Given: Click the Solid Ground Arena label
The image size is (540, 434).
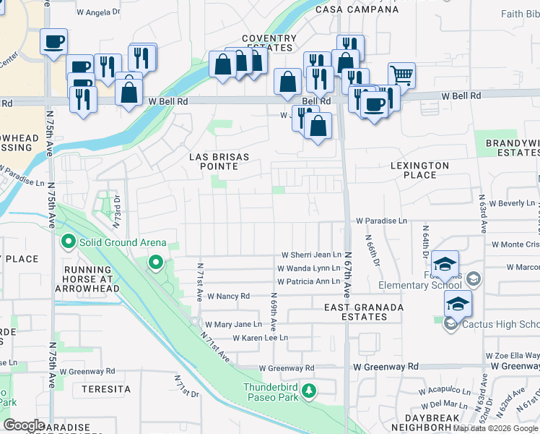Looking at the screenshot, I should [x=123, y=242].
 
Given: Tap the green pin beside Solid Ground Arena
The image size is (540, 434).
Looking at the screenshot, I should [x=69, y=242].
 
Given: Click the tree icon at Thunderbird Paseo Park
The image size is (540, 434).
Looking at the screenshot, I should [x=309, y=391].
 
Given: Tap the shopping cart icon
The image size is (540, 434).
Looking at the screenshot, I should [x=401, y=75].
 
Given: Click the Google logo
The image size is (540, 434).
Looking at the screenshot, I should [x=25, y=425].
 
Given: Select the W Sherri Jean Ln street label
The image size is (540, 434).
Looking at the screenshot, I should [x=311, y=255].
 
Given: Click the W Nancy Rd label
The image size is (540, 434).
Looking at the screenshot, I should [x=228, y=297].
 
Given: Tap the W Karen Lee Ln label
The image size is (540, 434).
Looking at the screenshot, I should [x=260, y=338].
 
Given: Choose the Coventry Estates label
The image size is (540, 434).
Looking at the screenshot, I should [x=269, y=43].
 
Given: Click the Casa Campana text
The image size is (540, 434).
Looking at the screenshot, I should [x=357, y=10].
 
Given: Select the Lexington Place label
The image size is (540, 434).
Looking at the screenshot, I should [x=419, y=170].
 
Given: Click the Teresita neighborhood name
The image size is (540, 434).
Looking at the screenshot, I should [x=106, y=389].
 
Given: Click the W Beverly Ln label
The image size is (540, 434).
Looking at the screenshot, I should [x=512, y=204].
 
